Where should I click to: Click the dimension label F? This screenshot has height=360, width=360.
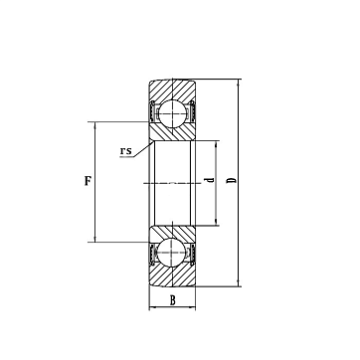point(88,181)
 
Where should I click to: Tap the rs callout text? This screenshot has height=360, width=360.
point(126,151)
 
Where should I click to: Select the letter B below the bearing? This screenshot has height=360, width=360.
point(173,301)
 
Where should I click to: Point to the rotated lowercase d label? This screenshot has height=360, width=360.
point(210,180)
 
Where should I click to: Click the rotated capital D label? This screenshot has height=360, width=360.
point(233,181)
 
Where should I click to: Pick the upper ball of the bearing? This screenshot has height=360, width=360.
point(172,113)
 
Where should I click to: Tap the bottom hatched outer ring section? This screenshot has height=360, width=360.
point(172,275)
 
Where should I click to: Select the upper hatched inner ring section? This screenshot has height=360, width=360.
point(172,132)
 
